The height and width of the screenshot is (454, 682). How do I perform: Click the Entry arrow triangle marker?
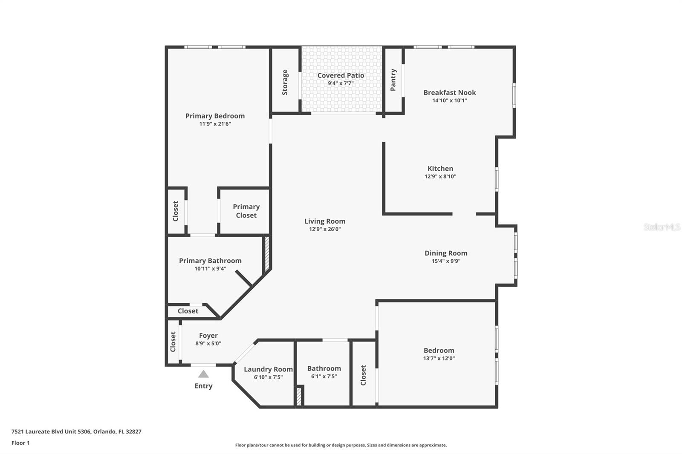click(x=203, y=374)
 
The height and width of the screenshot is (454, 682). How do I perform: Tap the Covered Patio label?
click(x=341, y=75)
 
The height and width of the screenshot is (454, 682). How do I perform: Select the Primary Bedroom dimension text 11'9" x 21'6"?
click(x=215, y=124)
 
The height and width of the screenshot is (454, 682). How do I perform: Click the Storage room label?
click(x=285, y=82)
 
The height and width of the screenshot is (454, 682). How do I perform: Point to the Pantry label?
click(x=393, y=80)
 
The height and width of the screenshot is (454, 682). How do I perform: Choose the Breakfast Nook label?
click(x=449, y=92)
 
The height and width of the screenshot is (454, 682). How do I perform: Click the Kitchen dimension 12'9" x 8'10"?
click(x=440, y=176)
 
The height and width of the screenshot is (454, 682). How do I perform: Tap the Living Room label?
click(x=325, y=221)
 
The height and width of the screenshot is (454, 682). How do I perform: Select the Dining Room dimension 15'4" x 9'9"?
click(x=446, y=261)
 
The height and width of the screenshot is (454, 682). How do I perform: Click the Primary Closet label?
click(x=246, y=211)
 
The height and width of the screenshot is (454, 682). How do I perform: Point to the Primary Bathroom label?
click(x=210, y=261)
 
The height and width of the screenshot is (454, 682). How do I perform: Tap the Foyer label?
click(x=208, y=336)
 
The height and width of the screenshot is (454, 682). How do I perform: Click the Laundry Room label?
click(x=268, y=369)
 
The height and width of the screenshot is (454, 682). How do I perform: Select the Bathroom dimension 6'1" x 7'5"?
click(x=324, y=376)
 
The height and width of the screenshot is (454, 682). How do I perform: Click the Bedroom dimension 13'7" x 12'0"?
click(x=439, y=358)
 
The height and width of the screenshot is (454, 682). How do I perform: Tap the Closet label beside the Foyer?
click(x=173, y=342)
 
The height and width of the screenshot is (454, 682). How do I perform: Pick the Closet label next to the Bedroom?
click(x=363, y=375)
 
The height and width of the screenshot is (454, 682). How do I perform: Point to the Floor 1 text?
click(x=20, y=443)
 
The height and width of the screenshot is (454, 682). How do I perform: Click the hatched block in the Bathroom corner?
click(x=299, y=396)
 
